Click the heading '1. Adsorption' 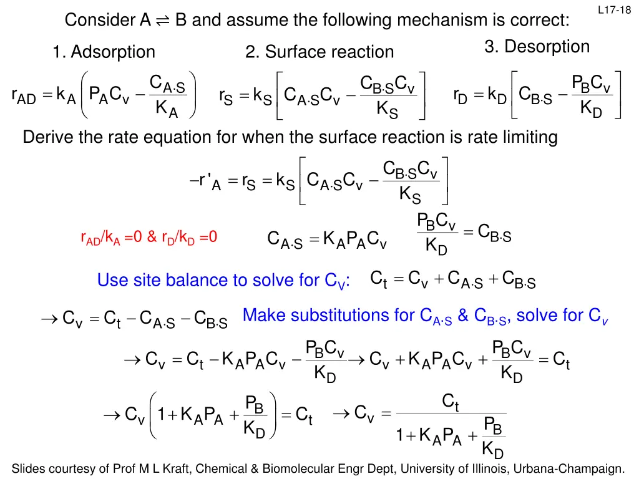[104, 52]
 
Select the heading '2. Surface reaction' [319, 52]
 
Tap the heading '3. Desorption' [537, 47]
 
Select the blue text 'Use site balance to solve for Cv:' [224, 281]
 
